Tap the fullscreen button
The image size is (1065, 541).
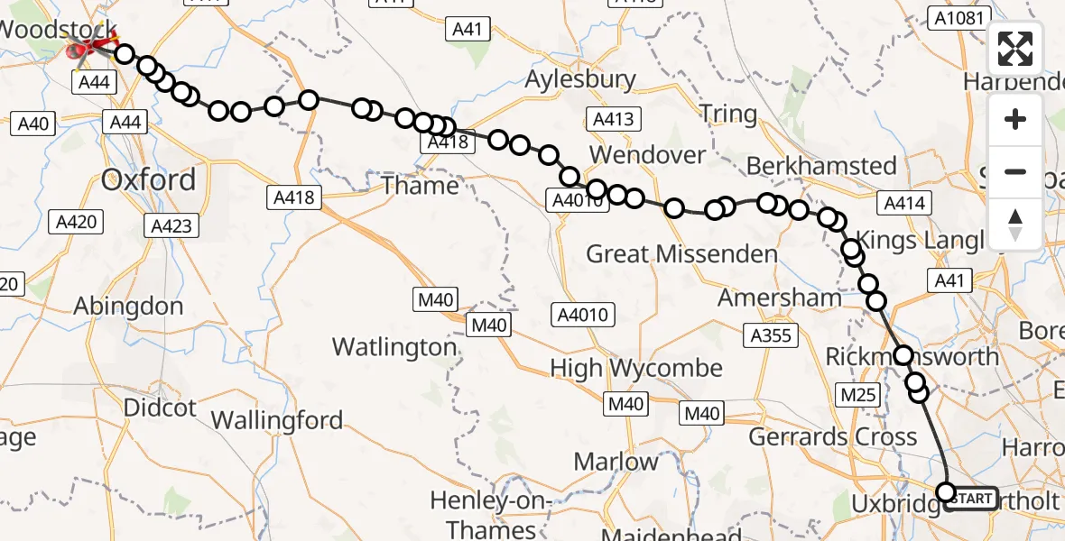click(1015, 49)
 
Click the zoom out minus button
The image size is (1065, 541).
click(1015, 171)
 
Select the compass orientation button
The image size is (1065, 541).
click(1015, 224)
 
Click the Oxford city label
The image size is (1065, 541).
click(149, 179)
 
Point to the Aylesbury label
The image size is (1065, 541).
click(580, 79)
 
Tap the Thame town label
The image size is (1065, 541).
click(421, 186)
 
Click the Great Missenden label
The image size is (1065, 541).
click(681, 254)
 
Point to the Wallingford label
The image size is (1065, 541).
click(276, 420)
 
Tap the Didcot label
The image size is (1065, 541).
click(160, 408)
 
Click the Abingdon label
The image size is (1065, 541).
click(128, 306)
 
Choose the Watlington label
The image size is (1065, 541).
click(394, 347)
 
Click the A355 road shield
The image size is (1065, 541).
click(770, 336)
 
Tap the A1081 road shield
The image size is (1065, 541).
click(959, 18)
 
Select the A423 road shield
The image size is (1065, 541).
click(171, 226)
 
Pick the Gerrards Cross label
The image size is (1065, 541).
click(832, 438)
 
